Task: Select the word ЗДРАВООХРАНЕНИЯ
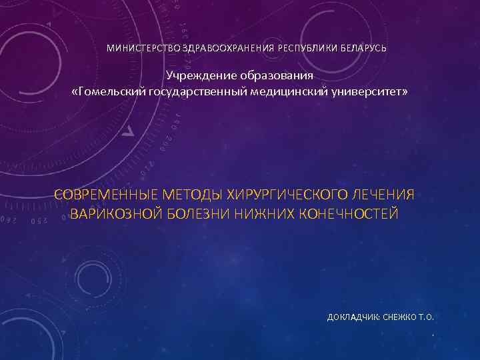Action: click(x=219, y=49)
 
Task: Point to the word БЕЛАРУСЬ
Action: click(x=363, y=49)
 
